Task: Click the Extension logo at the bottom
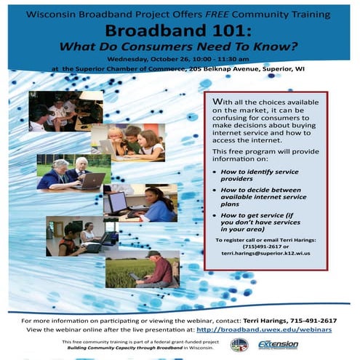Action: [278, 345]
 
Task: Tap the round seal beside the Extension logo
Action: [239, 345]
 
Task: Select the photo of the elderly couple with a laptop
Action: [73, 172]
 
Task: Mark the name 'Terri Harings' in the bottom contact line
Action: [268, 319]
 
